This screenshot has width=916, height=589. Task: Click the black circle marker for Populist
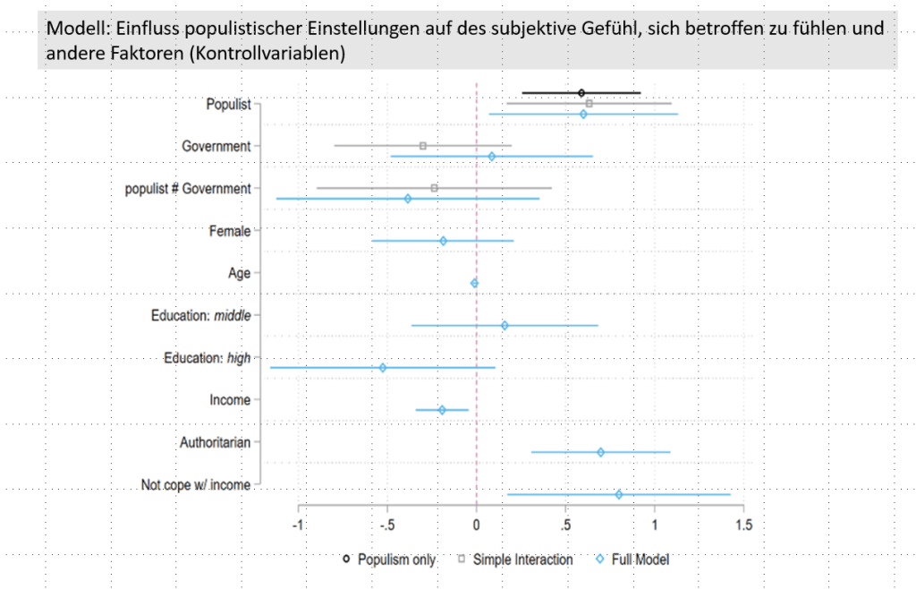[581, 92]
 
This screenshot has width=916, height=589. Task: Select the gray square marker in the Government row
[423, 145]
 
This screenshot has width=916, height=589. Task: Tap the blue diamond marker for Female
[443, 241]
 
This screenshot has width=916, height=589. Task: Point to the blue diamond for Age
[474, 283]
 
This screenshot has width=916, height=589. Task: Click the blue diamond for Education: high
[383, 367]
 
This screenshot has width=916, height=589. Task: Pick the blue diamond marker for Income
[442, 410]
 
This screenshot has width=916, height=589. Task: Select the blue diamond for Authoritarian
[600, 451]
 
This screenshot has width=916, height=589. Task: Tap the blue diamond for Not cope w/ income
[619, 494]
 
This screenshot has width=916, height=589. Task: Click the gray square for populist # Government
[435, 188]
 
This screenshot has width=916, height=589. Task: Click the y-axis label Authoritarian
[215, 441]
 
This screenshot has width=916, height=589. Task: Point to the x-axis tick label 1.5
[742, 525]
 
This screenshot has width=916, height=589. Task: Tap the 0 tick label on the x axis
[477, 525]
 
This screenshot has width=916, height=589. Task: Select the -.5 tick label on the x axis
[386, 525]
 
